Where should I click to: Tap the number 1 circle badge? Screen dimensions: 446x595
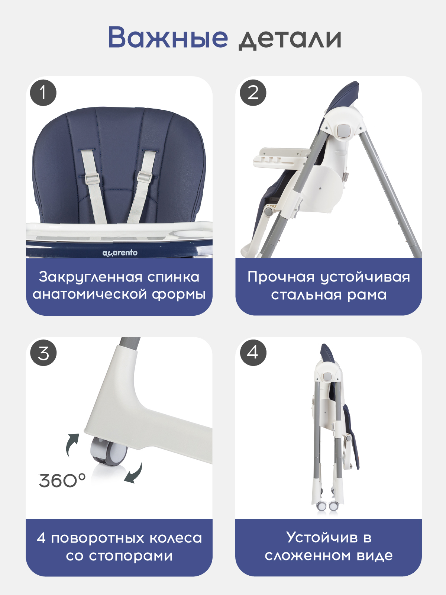pos(43,93)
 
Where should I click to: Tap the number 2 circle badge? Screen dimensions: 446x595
pos(253,93)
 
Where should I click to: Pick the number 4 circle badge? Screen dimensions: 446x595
pos(253,353)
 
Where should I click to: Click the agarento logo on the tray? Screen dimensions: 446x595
pos(120,253)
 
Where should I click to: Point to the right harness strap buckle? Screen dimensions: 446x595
pos(144,177)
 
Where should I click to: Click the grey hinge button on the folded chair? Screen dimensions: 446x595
pos(327,376)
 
